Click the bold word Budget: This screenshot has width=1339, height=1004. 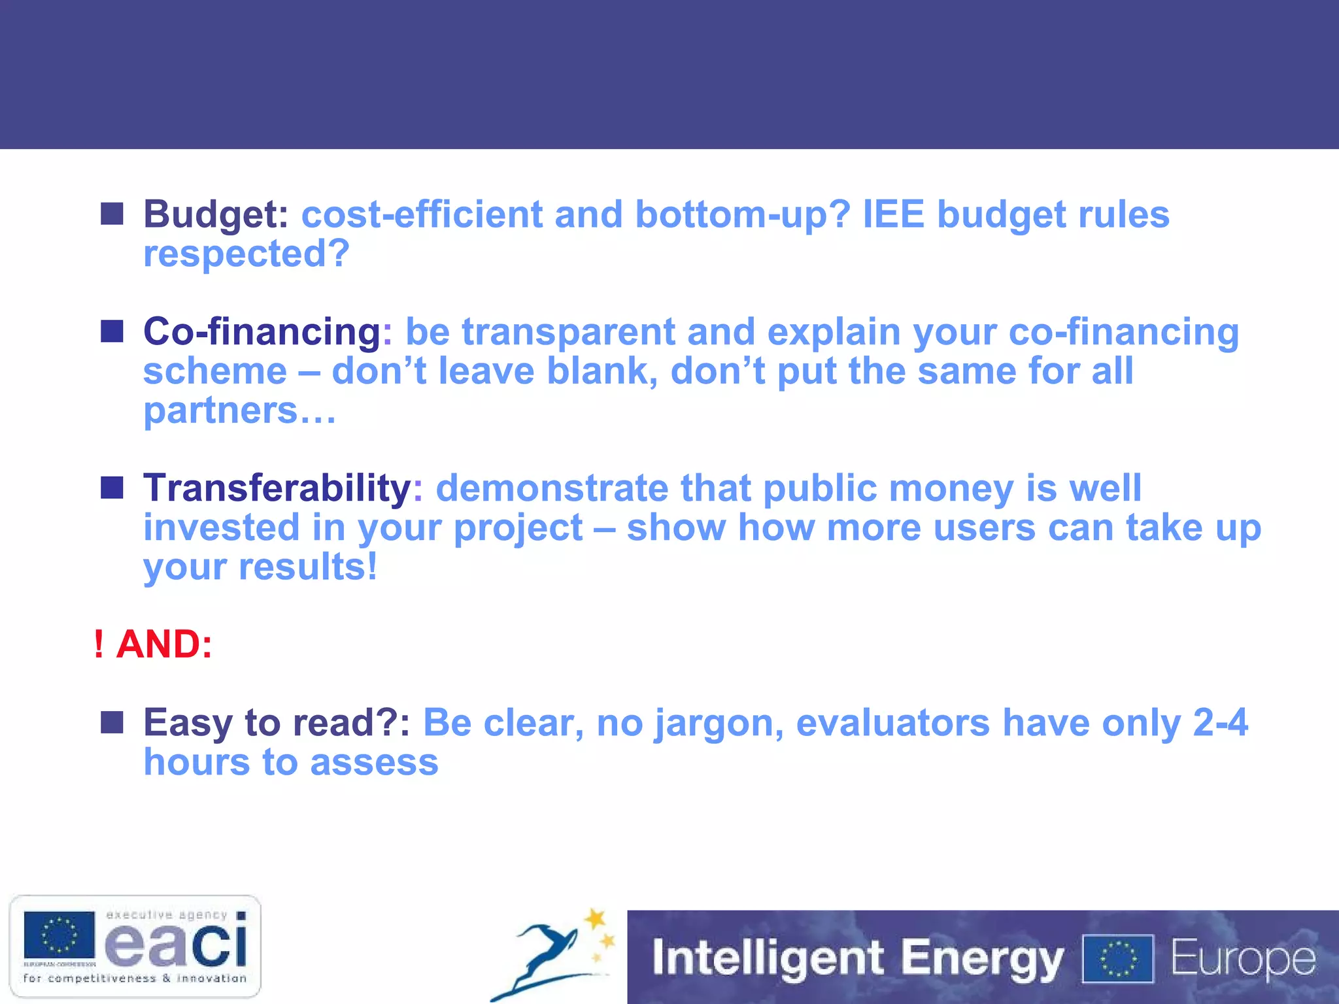pyautogui.click(x=216, y=214)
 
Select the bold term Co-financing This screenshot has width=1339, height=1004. pyautogui.click(x=262, y=331)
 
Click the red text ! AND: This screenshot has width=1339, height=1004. pyautogui.click(x=153, y=644)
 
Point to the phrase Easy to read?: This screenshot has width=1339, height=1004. pyautogui.click(x=277, y=723)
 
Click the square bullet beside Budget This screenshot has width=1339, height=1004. pyautogui.click(x=112, y=214)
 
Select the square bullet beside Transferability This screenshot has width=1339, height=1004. pyautogui.click(x=112, y=487)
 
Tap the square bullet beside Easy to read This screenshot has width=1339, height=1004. pyautogui.click(x=112, y=722)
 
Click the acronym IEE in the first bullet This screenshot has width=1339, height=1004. pyautogui.click(x=893, y=214)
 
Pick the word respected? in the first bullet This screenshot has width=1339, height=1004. pyautogui.click(x=246, y=254)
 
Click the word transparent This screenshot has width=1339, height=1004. pyautogui.click(x=568, y=331)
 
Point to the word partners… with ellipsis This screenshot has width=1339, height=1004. pyautogui.click(x=239, y=410)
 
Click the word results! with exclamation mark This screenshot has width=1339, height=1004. pyautogui.click(x=307, y=567)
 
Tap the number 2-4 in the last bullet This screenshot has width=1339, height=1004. pyautogui.click(x=1220, y=723)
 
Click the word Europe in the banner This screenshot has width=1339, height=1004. pyautogui.click(x=1242, y=958)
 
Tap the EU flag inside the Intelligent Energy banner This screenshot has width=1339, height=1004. pyautogui.click(x=1118, y=958)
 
